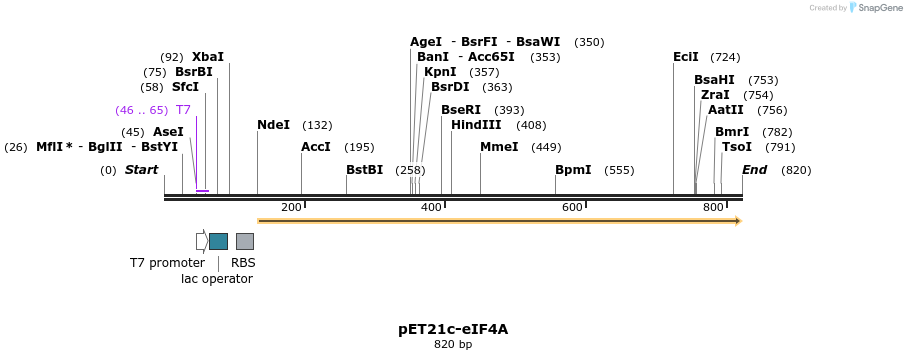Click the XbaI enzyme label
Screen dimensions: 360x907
pos(207,57)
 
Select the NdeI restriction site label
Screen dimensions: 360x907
pos(273,125)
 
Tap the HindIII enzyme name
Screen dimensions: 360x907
pos(476,125)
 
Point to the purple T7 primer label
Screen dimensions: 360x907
pos(183,110)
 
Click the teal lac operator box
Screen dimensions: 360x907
pos(218,241)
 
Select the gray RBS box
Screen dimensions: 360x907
pos(244,241)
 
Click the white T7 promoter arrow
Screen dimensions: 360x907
pos(201,241)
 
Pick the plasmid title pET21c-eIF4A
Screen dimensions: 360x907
pos(453,329)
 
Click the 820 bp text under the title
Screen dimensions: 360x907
pos(453,345)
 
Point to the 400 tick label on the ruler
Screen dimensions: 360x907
pos(431,208)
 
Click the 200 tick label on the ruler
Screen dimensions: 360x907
pos(291,208)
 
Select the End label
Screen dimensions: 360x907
pos(754,170)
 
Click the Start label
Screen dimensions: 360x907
pos(141,170)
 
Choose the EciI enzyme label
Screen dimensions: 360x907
pos(686,57)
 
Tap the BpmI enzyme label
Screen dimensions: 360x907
pos(573,170)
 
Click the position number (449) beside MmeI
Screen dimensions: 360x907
pos(546,147)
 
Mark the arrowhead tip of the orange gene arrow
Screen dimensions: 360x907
pos(740,221)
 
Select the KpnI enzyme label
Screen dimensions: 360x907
pos(440,72)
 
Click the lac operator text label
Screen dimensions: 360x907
pos(217,279)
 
